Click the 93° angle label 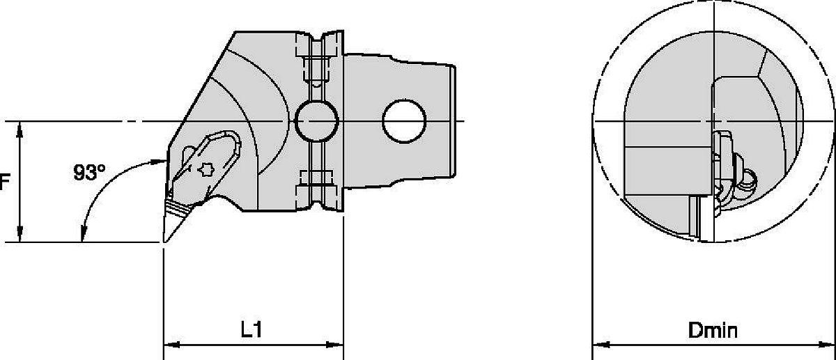(x=88, y=173)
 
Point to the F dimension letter (x=4, y=182)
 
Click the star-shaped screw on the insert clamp (x=206, y=169)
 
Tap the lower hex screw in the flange (x=318, y=182)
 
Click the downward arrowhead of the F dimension (x=22, y=235)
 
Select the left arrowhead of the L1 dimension (x=171, y=344)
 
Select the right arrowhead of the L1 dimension (x=336, y=344)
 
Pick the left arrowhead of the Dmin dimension (x=599, y=344)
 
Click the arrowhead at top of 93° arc (x=156, y=161)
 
